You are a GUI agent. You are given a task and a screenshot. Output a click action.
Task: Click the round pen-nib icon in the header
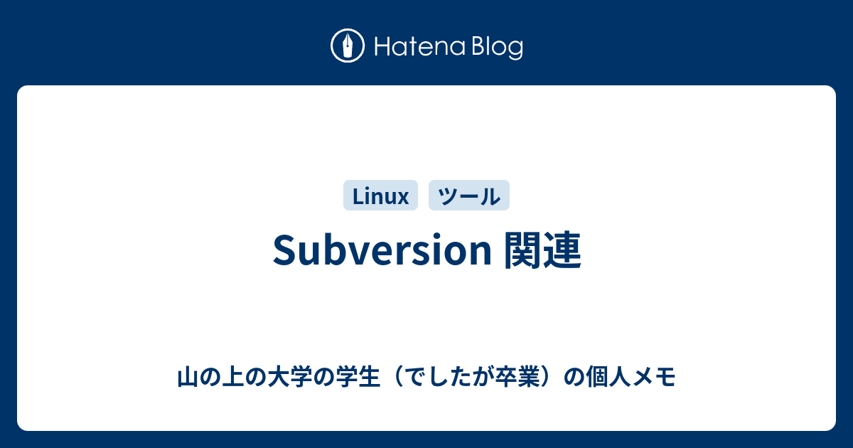pyautogui.click(x=348, y=47)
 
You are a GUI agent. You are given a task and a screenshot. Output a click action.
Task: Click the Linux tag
pyautogui.click(x=380, y=196)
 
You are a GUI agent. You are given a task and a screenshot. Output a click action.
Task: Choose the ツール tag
pyautogui.click(x=469, y=196)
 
